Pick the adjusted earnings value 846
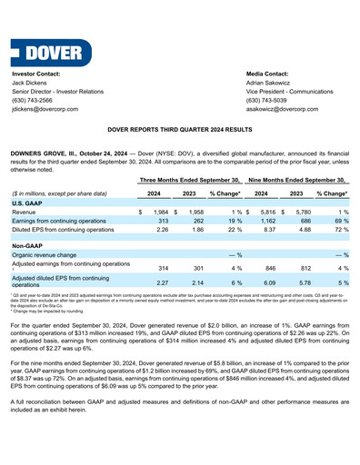point(270,269)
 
